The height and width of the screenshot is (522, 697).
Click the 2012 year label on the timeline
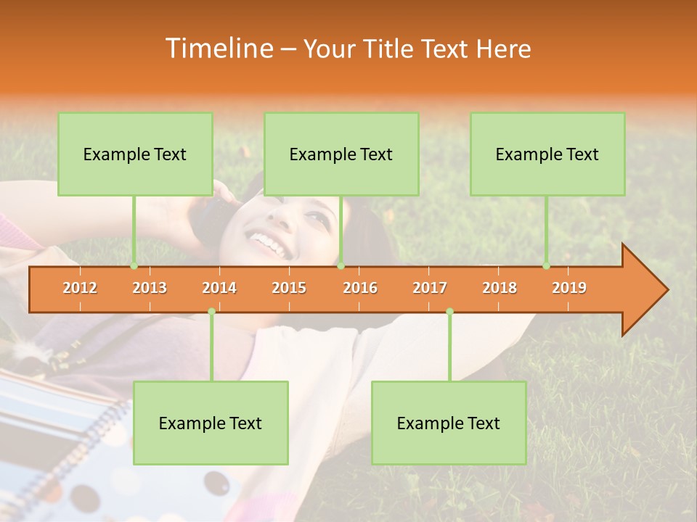80,288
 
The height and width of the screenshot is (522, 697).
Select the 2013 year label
150,288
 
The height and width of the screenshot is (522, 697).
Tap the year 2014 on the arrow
219,288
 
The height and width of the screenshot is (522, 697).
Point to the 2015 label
289,288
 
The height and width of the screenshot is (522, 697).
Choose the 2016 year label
360,288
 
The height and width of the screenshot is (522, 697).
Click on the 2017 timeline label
430,288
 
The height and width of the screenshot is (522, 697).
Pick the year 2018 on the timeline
500,288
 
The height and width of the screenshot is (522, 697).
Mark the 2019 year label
569,288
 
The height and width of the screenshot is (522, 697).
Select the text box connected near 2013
135,154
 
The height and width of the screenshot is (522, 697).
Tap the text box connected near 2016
341,154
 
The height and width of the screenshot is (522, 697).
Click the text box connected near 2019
547,154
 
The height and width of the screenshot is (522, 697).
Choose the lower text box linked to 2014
211,423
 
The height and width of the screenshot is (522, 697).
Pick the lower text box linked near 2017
449,423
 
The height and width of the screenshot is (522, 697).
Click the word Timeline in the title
218,49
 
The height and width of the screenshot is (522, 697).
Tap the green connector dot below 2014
211,312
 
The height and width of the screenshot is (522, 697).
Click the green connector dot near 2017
449,312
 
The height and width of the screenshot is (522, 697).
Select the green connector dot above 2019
547,266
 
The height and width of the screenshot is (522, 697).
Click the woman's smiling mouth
269,243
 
